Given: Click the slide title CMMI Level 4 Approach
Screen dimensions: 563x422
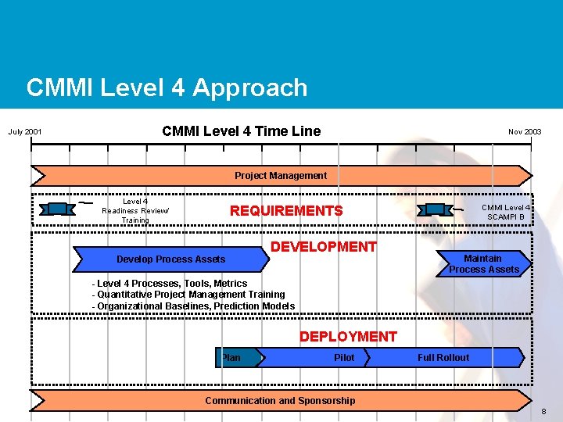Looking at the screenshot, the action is click(167, 88).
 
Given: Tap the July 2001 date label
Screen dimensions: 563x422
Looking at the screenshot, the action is click(25, 132).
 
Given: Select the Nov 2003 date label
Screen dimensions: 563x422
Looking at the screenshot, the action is click(525, 132).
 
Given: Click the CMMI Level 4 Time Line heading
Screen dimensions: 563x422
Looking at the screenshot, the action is click(241, 131).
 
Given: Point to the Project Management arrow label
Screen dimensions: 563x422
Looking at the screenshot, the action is click(281, 176).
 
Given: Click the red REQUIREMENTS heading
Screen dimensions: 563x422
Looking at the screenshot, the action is click(286, 211).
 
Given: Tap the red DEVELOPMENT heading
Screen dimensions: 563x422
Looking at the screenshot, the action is click(323, 247).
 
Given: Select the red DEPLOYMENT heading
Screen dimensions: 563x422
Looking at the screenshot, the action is click(348, 337).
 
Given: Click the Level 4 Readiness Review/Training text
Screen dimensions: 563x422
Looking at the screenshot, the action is click(135, 211).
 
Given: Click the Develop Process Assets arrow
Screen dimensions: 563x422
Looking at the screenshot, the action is click(170, 259).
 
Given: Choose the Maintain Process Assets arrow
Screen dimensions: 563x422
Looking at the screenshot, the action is click(483, 264).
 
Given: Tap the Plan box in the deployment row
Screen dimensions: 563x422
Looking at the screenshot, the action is click(232, 358).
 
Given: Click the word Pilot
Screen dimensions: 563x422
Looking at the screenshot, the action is click(344, 358).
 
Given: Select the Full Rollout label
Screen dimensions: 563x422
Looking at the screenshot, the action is click(443, 358).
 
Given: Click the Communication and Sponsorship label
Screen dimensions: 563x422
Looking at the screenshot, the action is click(280, 401).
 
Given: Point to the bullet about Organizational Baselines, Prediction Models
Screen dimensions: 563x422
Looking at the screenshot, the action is click(193, 306).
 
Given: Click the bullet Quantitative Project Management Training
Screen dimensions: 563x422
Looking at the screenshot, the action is click(188, 295).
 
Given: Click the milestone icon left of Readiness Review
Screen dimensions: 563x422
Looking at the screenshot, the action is click(58, 209).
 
